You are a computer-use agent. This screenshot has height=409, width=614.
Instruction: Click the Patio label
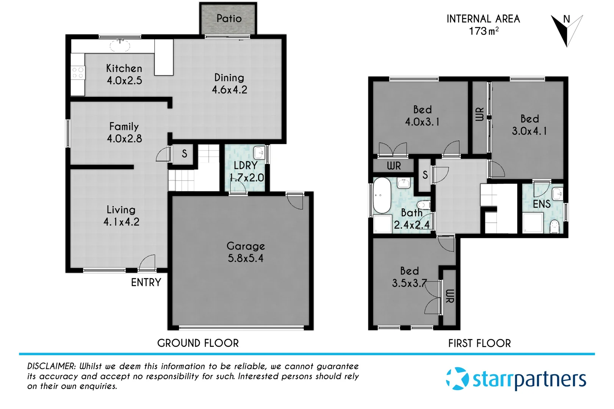[229, 19]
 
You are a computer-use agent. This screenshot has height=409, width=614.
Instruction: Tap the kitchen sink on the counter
[120, 46]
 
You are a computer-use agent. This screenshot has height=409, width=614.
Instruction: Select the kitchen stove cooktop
[78, 73]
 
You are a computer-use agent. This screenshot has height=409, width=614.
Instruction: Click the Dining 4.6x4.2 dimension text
[229, 90]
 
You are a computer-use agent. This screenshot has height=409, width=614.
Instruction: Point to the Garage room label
[246, 246]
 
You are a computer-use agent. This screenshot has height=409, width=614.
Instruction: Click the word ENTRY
[146, 283]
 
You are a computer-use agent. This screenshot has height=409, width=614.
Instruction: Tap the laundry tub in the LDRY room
[259, 153]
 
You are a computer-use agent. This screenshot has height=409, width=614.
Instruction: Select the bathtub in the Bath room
[382, 196]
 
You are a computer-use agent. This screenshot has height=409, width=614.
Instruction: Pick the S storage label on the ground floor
[184, 154]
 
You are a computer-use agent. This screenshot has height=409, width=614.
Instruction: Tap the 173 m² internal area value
[483, 31]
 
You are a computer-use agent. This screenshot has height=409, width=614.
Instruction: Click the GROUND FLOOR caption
[198, 343]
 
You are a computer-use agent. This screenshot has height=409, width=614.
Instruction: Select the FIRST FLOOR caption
[479, 343]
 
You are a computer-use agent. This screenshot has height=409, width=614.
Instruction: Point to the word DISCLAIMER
[51, 366]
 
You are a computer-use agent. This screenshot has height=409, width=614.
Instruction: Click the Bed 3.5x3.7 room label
[409, 277]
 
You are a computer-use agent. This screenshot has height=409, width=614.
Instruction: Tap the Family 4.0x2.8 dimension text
[124, 139]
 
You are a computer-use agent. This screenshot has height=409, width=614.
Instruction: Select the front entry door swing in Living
[148, 263]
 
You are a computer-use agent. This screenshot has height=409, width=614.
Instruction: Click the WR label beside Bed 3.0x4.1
[479, 114]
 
